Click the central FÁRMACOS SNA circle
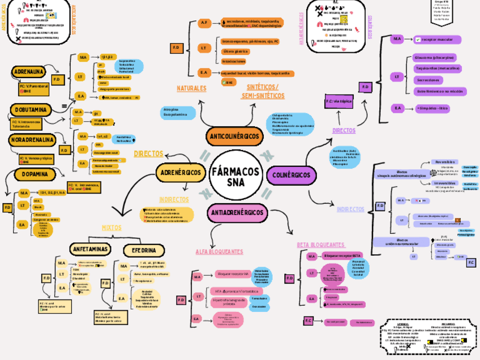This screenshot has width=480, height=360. click(x=235, y=176)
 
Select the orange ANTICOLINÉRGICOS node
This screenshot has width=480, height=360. click(x=234, y=137)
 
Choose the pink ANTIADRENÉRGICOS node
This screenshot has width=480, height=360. click(x=237, y=212)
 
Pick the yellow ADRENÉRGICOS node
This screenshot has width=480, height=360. click(x=181, y=172)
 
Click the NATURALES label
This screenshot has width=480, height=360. click(x=191, y=89)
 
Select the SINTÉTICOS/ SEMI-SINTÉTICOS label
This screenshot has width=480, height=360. click(x=263, y=91)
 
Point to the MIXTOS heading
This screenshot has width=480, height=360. click(x=112, y=228)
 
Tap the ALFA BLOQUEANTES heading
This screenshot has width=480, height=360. click(x=219, y=251)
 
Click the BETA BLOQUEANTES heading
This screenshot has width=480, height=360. click(x=320, y=245)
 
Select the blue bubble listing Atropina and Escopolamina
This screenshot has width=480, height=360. click(x=172, y=112)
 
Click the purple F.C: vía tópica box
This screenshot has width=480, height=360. click(x=338, y=101)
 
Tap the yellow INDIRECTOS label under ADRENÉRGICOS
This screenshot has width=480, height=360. click(x=174, y=200)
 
